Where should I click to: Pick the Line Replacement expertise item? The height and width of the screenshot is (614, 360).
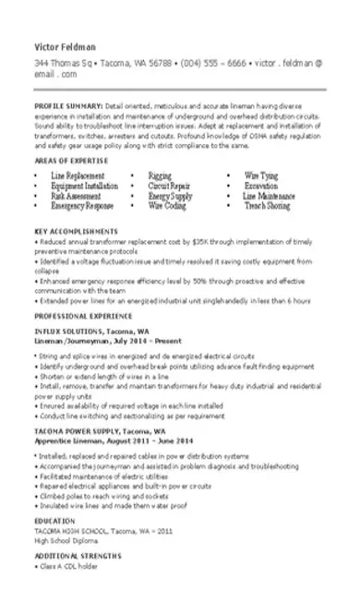click(78, 174)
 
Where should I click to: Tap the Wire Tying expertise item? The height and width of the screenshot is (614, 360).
click(261, 174)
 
